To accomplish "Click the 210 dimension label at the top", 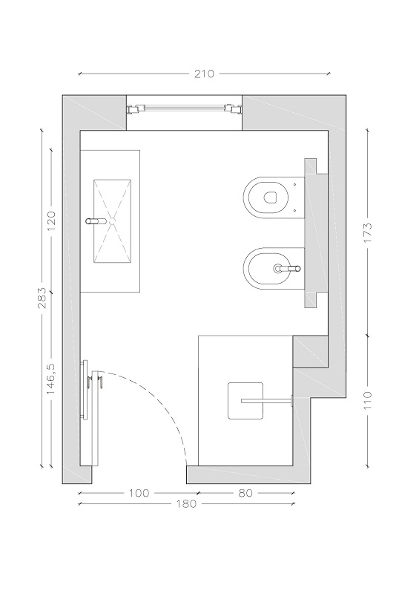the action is click(x=204, y=74).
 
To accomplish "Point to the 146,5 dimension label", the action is click(x=51, y=379).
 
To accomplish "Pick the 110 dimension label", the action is click(x=368, y=400).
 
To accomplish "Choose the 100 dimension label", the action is click(x=139, y=493).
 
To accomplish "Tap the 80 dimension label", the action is click(x=245, y=493).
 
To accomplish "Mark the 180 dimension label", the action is click(x=187, y=504).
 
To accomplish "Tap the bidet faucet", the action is click(x=287, y=269).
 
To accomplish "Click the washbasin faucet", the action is click(x=97, y=221).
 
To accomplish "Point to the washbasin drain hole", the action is click(x=112, y=219).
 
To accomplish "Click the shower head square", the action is click(x=245, y=401).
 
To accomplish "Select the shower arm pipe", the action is click(x=267, y=400).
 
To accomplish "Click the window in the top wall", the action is click(x=184, y=109).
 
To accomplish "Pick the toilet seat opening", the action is click(x=269, y=197).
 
